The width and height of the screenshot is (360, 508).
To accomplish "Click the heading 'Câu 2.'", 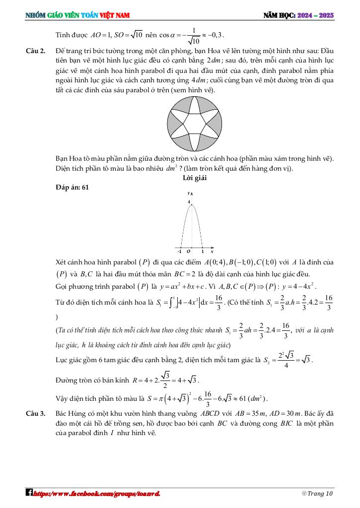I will [x=35, y=51].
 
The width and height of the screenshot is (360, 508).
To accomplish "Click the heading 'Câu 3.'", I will [x=35, y=413].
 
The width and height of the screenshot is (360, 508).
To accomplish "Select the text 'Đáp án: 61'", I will [x=73, y=187].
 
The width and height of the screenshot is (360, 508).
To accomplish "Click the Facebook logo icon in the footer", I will [x=29, y=493].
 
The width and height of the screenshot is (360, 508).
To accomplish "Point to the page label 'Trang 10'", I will [x=320, y=494].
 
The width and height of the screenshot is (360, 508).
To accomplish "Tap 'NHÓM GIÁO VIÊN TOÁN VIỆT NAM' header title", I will [x=77, y=15].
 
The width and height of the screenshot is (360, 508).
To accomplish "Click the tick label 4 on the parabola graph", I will [x=189, y=202].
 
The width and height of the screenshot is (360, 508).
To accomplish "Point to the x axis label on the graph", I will [x=212, y=252].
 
